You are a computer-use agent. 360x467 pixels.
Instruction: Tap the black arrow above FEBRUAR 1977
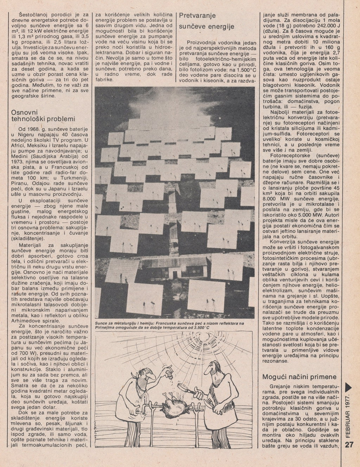tap(348, 387)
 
